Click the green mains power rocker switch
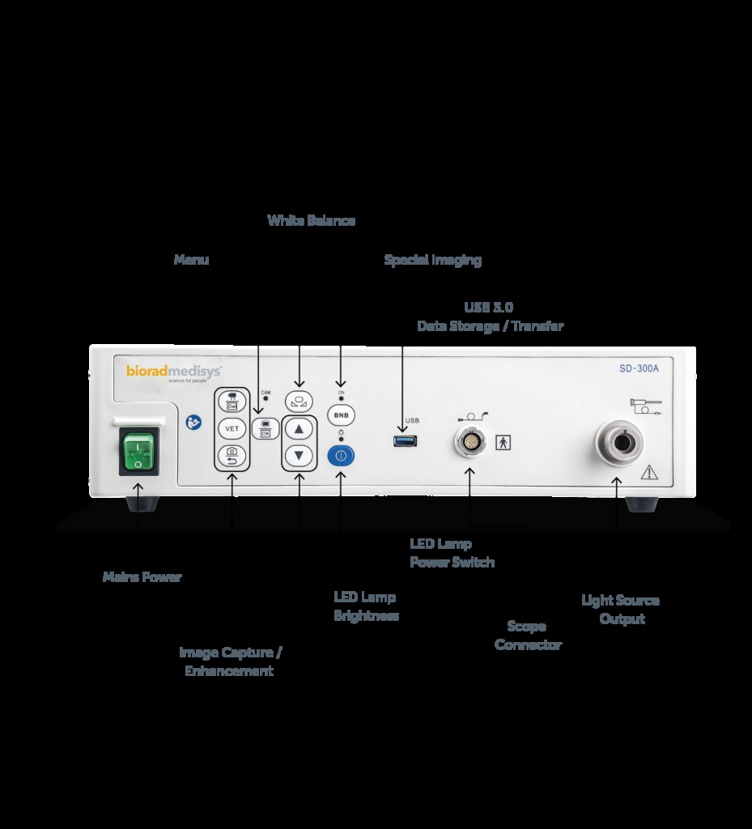(138, 450)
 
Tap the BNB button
(341, 414)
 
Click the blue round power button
(341, 455)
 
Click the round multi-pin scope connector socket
(470, 443)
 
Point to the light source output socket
(620, 444)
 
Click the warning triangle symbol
(648, 473)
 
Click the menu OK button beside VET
(265, 428)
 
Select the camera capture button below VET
(232, 455)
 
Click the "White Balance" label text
(311, 220)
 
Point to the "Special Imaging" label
(432, 260)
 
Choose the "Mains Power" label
(142, 577)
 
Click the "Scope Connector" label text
(528, 636)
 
